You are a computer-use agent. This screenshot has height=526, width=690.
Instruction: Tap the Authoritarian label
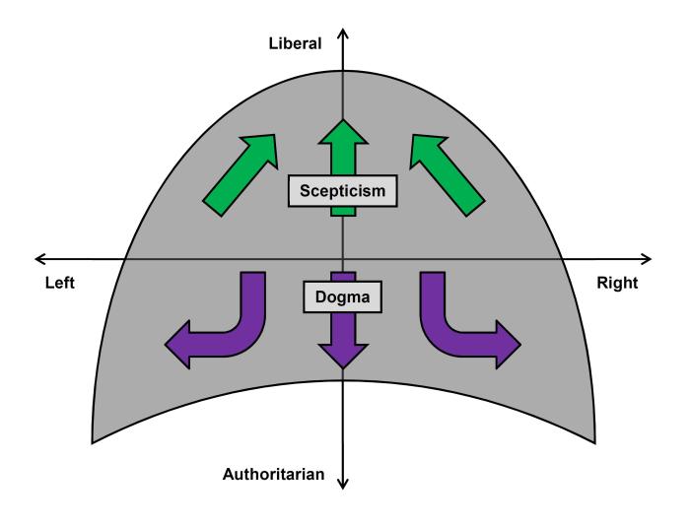(x=275, y=475)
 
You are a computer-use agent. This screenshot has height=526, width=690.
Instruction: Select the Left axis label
(x=60, y=283)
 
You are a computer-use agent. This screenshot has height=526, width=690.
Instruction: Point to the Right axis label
(x=618, y=283)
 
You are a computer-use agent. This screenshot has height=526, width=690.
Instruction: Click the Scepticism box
(x=343, y=191)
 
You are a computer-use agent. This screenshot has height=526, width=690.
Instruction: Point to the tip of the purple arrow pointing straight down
(x=342, y=367)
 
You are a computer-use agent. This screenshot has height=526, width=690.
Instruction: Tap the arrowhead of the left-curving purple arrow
(x=177, y=344)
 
